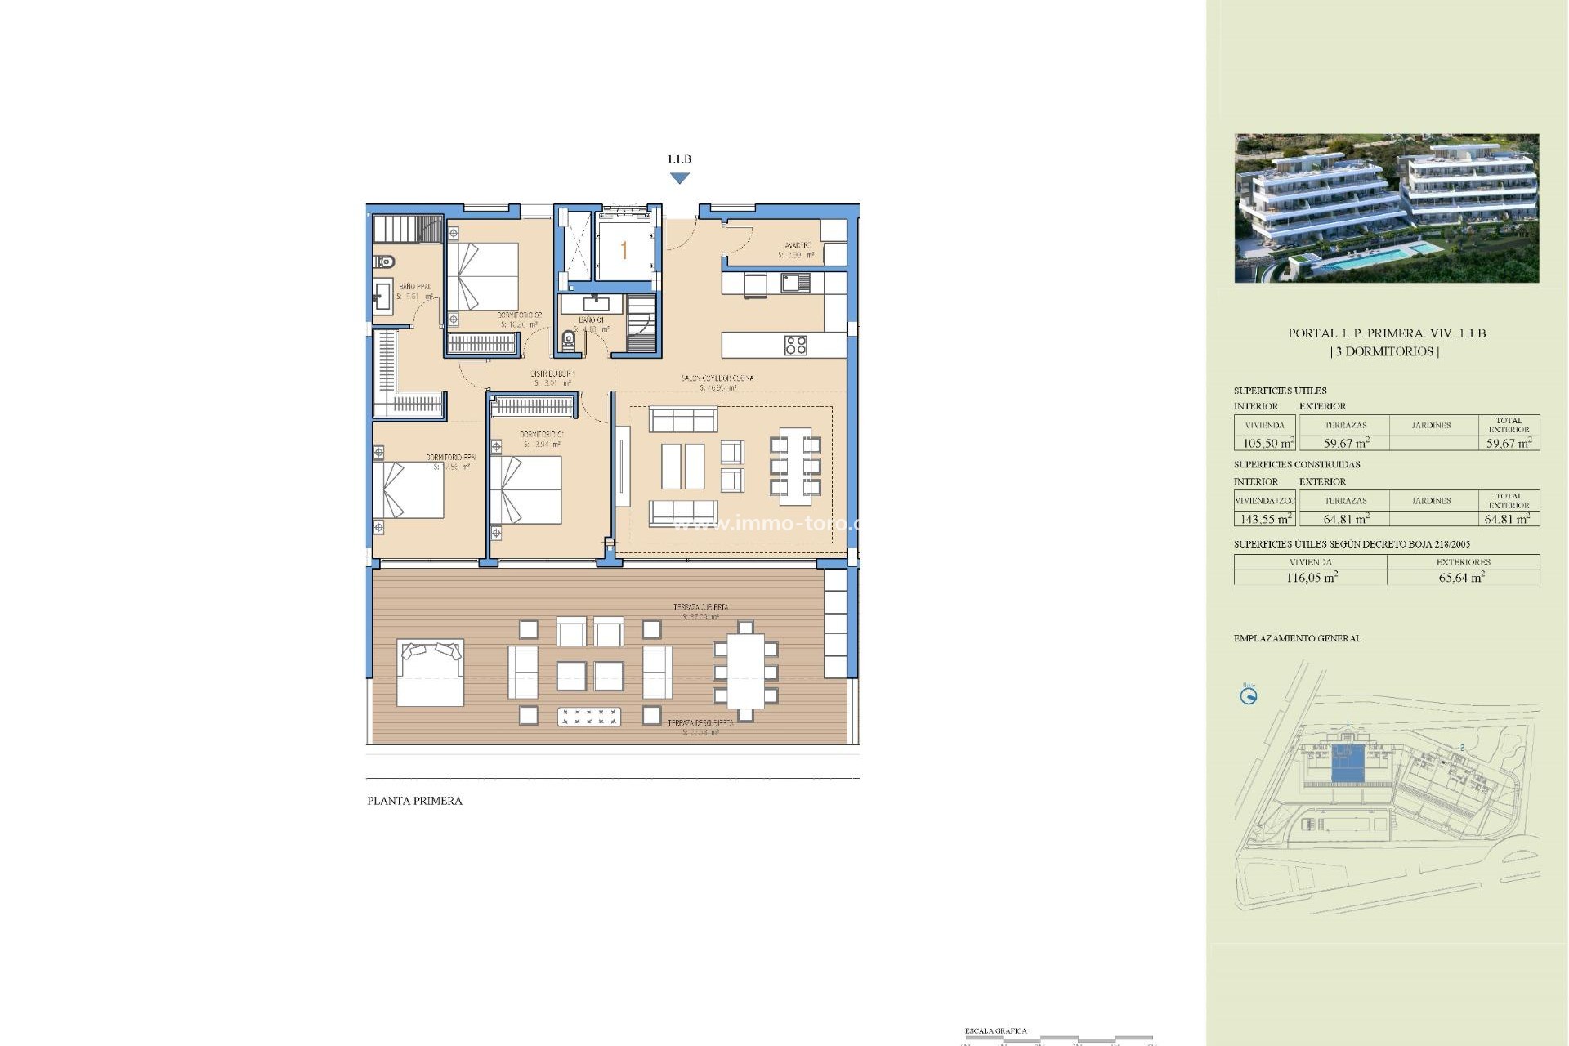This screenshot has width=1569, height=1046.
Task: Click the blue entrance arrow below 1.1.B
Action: click(679, 178)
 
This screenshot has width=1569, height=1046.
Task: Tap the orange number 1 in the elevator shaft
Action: click(624, 250)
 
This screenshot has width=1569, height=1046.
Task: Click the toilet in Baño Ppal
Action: click(384, 261)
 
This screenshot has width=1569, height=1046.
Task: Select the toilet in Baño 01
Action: click(569, 339)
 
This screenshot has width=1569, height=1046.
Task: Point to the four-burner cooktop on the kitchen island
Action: click(795, 345)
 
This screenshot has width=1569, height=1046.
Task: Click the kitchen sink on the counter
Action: click(794, 284)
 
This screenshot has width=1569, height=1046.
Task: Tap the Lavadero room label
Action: click(796, 246)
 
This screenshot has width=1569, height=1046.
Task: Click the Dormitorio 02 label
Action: click(519, 315)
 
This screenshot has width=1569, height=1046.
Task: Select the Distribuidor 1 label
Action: click(552, 373)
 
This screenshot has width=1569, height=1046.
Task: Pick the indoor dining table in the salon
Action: click(794, 466)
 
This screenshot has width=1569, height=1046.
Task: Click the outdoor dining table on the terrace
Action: click(745, 672)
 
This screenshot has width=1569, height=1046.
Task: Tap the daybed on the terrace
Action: click(430, 673)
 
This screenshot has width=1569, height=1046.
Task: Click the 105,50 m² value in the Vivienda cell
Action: click(1267, 444)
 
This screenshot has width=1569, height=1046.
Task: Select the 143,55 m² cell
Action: click(1266, 519)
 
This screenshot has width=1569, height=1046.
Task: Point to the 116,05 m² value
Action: click(1311, 578)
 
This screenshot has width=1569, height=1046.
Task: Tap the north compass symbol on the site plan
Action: click(1249, 696)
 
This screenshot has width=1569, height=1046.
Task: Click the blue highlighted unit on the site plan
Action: click(1347, 764)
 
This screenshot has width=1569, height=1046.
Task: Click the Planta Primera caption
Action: click(414, 801)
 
